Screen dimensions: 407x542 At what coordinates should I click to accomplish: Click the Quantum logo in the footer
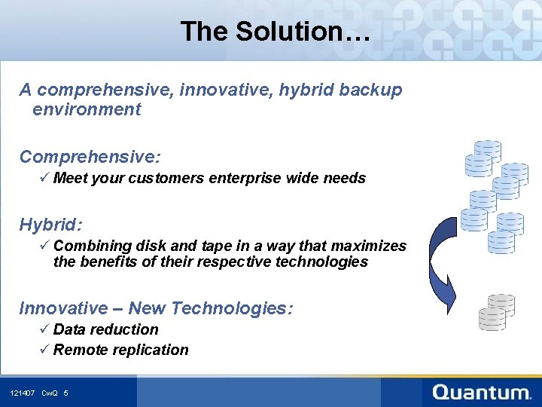(x=482, y=392)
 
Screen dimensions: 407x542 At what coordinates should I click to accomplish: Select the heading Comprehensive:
(x=90, y=157)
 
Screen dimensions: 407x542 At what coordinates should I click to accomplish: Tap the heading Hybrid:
(x=50, y=225)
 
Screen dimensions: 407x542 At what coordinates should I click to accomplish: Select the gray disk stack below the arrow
(x=498, y=312)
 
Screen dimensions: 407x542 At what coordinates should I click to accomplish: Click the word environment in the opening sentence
(x=87, y=109)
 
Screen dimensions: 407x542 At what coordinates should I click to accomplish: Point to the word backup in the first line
(x=370, y=90)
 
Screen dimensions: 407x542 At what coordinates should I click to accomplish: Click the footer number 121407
(x=23, y=393)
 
